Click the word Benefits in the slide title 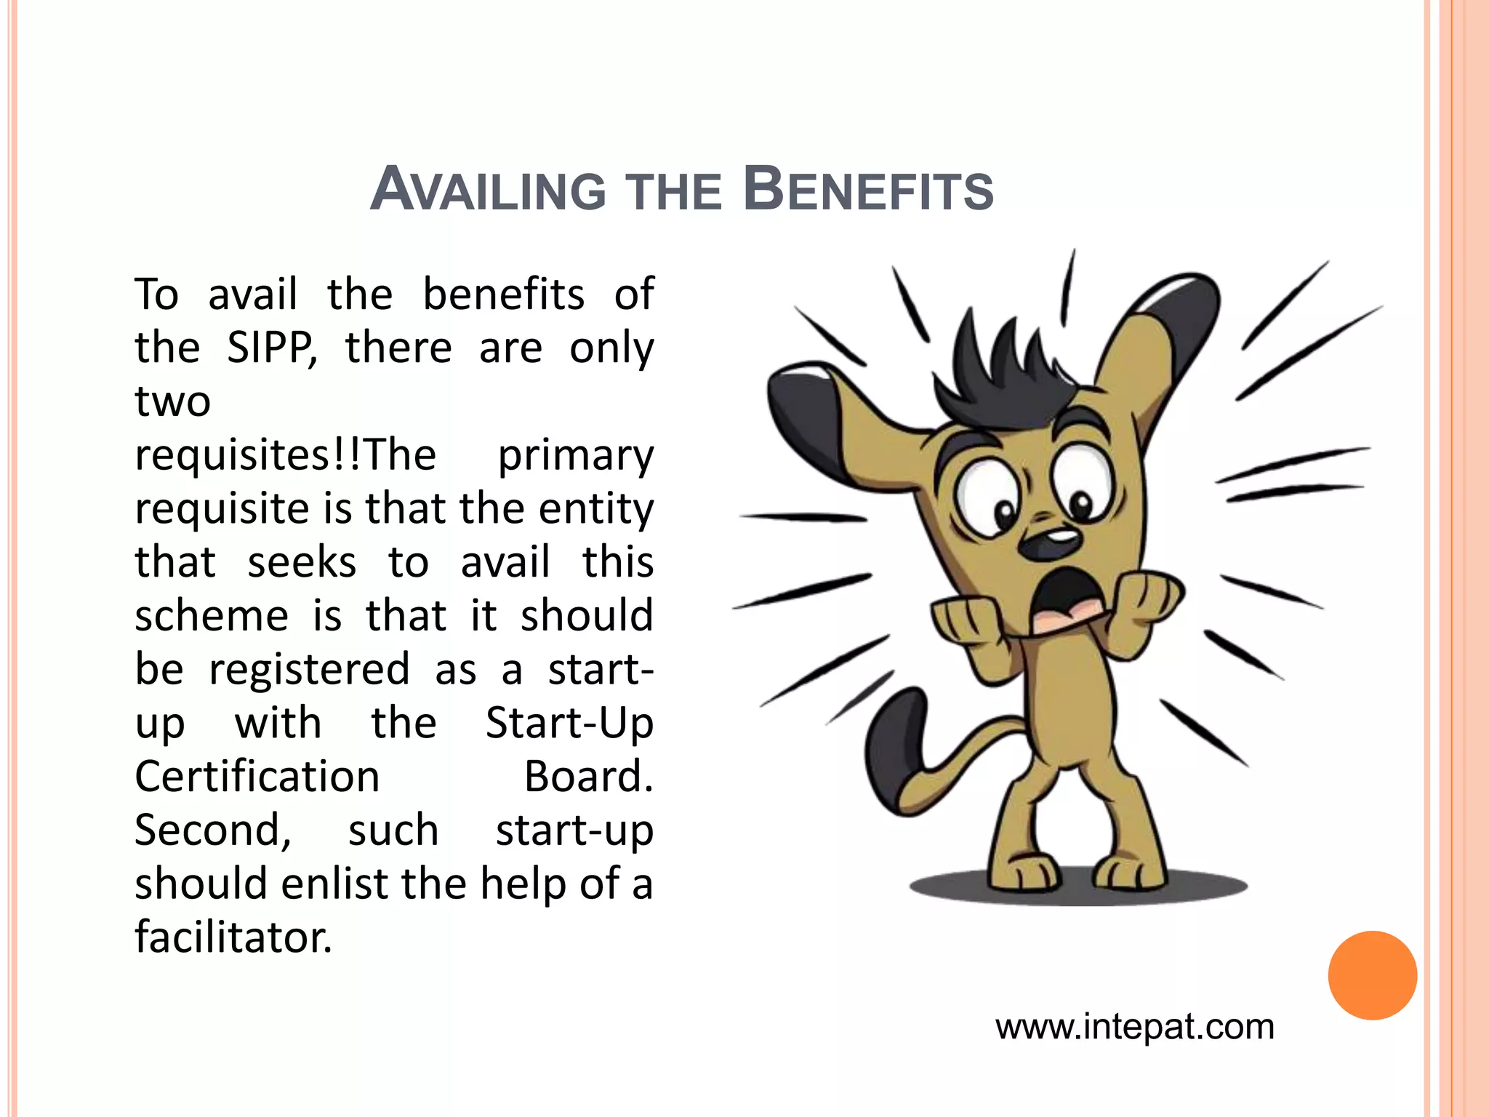[x=869, y=191]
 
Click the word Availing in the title [x=488, y=191]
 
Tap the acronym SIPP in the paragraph [x=271, y=348]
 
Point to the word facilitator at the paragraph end [x=233, y=937]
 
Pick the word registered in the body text [x=309, y=670]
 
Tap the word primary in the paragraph [x=575, y=456]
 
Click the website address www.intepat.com [x=1134, y=1027]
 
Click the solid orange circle [x=1372, y=975]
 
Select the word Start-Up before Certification [x=569, y=724]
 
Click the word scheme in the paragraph [x=212, y=616]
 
